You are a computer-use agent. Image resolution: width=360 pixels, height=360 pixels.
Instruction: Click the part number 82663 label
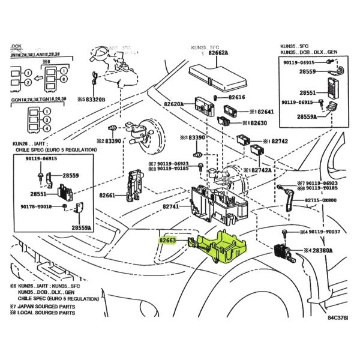click(x=167, y=241)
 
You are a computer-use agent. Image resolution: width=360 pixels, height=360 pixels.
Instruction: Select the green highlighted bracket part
click(x=223, y=245)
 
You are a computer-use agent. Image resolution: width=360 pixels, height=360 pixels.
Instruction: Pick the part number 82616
click(x=237, y=97)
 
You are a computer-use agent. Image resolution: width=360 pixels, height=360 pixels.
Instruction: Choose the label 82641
click(x=262, y=112)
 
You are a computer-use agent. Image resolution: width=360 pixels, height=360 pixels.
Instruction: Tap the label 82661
click(x=107, y=195)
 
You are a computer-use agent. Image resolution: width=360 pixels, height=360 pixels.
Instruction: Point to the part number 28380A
click(x=319, y=250)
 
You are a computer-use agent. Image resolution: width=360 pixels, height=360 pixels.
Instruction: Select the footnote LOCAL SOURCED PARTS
click(x=43, y=313)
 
